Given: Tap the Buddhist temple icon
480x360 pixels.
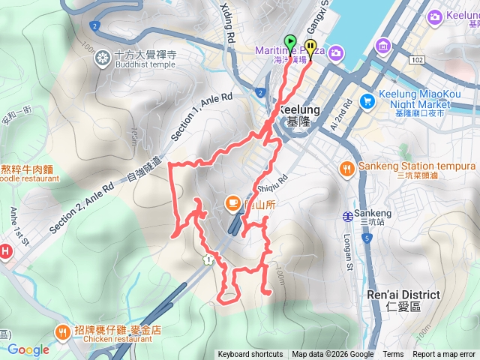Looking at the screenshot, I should tap(103, 57).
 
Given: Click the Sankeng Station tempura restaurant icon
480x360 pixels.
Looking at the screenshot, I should tap(346, 169).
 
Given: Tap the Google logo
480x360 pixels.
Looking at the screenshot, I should tap(28, 349).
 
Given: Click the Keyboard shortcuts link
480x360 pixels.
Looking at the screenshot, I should tap(250, 355).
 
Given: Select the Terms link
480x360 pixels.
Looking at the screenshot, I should tap(393, 355).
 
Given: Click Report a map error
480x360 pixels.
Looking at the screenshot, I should tap(444, 355).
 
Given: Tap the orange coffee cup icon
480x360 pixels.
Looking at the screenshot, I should tap(233, 202).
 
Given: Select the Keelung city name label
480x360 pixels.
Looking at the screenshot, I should tap(300, 109).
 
